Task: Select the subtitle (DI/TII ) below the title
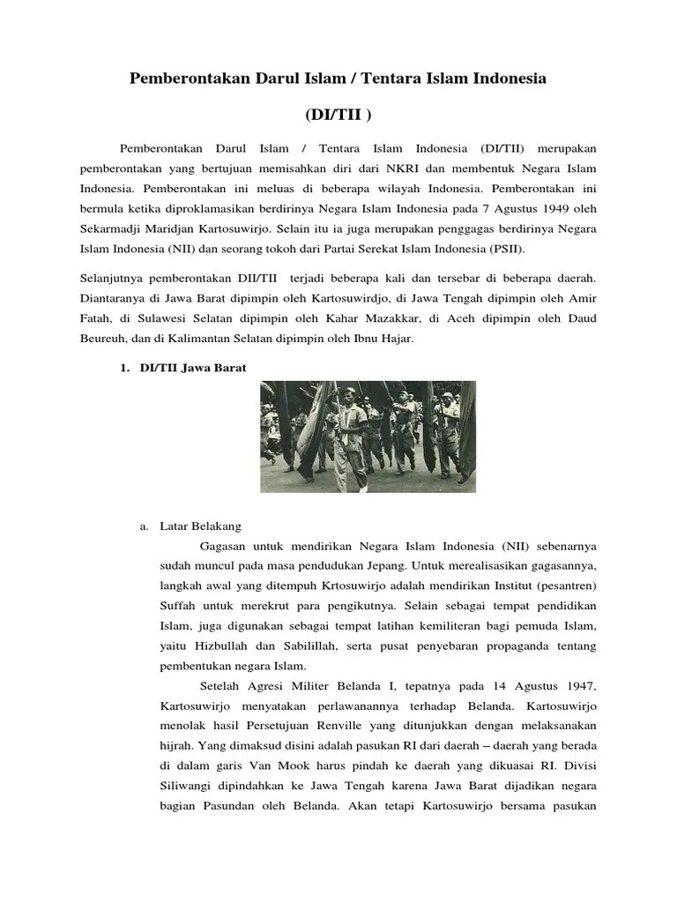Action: [x=338, y=116]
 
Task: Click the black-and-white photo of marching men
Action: [x=368, y=437]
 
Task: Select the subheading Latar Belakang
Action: [x=201, y=526]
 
